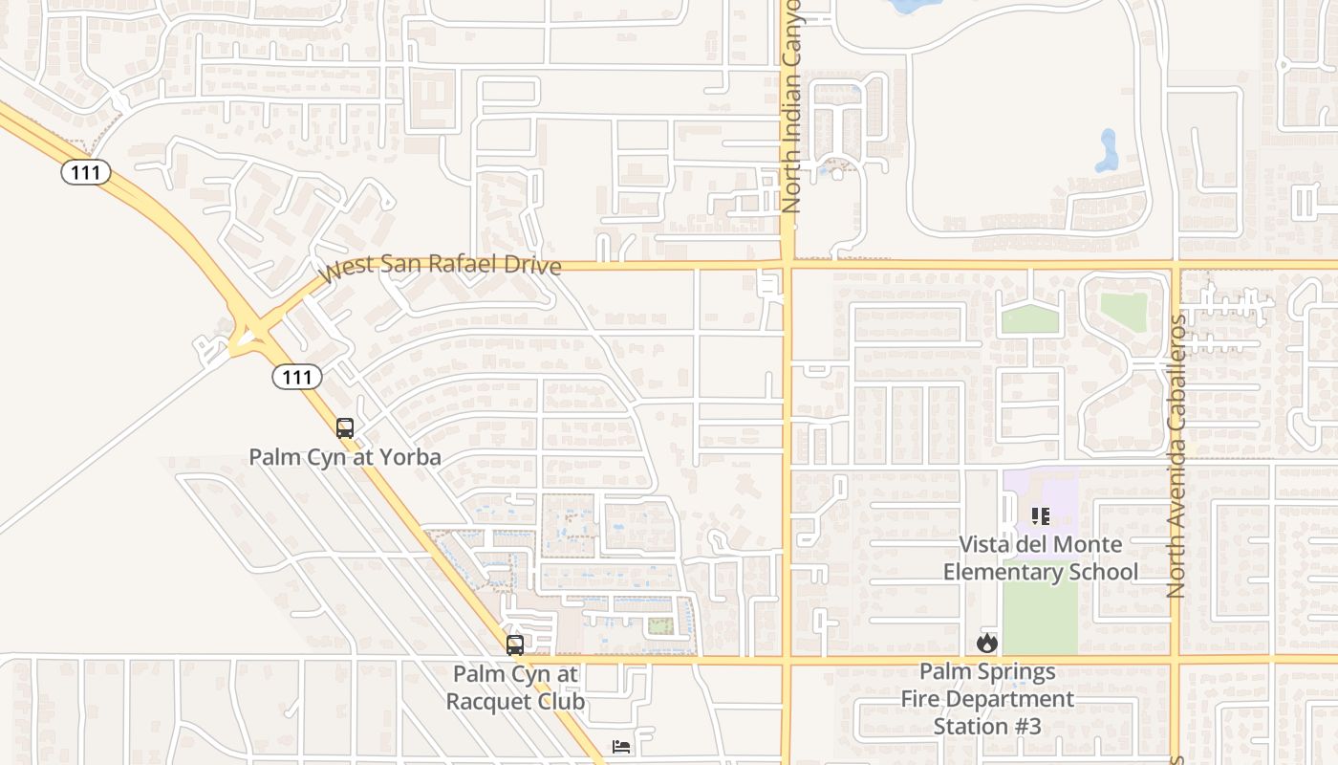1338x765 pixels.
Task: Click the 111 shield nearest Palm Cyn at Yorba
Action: click(297, 378)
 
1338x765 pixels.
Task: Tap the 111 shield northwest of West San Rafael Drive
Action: click(86, 172)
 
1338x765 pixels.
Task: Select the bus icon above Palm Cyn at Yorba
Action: click(345, 428)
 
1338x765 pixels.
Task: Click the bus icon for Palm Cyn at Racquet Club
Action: click(515, 645)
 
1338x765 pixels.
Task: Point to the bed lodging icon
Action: click(621, 746)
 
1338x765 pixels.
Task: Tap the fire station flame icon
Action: click(987, 643)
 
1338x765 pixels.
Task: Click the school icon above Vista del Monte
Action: click(1041, 516)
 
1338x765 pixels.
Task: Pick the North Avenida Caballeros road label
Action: click(1176, 457)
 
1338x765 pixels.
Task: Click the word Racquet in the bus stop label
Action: click(494, 701)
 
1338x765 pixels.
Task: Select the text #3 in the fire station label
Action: click(1026, 726)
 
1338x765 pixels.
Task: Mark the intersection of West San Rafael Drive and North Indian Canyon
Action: click(788, 265)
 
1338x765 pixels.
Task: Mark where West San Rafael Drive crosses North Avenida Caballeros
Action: click(1176, 265)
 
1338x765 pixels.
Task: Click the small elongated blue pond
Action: click(1108, 150)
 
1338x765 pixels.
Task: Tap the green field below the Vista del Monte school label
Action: click(1040, 617)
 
